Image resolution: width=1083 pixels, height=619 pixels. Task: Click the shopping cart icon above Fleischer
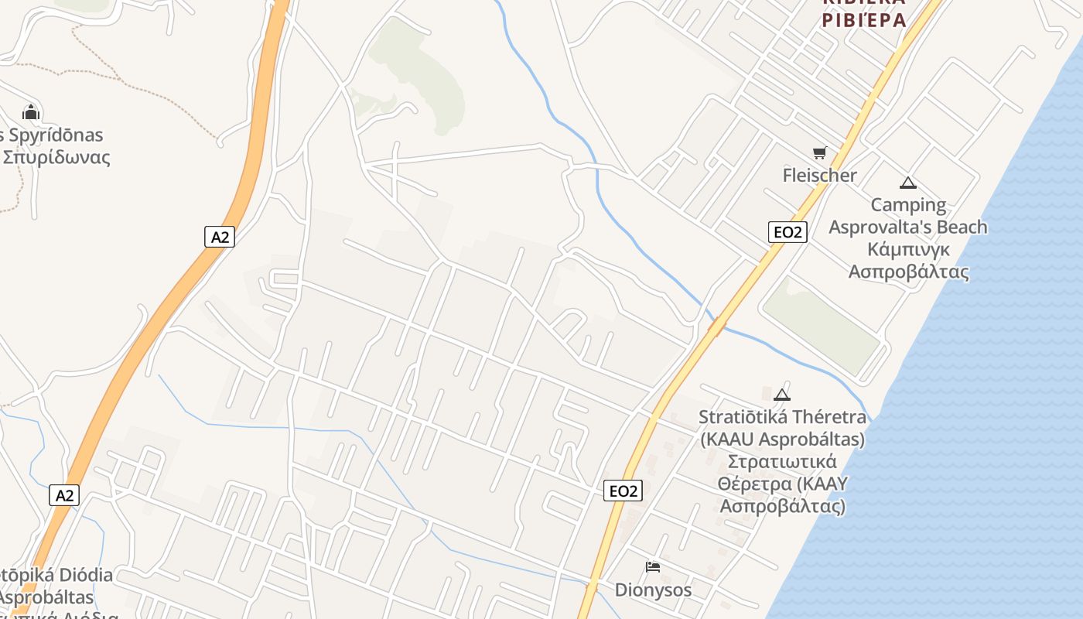[x=819, y=152]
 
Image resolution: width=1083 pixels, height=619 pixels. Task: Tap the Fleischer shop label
[x=819, y=176]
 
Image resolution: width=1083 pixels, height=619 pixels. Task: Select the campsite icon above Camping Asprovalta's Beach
[x=908, y=183]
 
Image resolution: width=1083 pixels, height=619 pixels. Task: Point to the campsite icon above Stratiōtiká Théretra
[x=782, y=395]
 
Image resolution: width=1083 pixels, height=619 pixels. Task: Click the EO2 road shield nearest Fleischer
[x=787, y=232]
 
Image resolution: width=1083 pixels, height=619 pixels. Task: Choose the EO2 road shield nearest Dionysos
[x=623, y=491]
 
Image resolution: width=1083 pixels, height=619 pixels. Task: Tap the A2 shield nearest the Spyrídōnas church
[x=220, y=237]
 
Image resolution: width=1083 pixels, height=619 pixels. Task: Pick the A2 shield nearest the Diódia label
[x=64, y=495]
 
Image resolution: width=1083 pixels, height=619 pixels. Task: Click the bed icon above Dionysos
[x=653, y=567]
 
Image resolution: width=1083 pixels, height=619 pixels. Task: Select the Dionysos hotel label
[x=653, y=590]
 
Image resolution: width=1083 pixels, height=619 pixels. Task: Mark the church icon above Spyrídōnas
[x=31, y=112]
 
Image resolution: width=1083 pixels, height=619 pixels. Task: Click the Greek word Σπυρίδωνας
[x=56, y=158]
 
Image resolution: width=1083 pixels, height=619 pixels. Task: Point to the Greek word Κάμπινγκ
[x=908, y=250]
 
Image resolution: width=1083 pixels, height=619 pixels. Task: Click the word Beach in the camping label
[x=962, y=227]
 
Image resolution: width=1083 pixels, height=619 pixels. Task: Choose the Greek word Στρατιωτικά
[x=781, y=463]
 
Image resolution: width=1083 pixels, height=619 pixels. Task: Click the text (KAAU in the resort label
[x=727, y=439]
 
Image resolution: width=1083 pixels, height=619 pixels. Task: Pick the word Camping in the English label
[x=908, y=205]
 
